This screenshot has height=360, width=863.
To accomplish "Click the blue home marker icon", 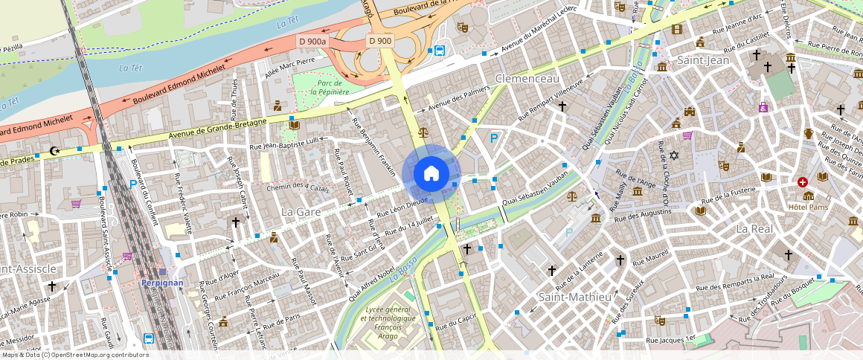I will click(x=431, y=174).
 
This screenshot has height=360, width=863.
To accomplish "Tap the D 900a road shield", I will click(x=312, y=41).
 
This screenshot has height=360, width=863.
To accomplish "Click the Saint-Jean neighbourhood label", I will click(x=703, y=60).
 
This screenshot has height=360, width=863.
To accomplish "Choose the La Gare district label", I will click(x=301, y=212).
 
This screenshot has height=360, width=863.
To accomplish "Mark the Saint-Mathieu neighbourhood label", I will click(x=574, y=297).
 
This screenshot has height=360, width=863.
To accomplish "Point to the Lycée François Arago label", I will click(x=387, y=318).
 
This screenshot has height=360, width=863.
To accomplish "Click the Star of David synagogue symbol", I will click(x=674, y=156).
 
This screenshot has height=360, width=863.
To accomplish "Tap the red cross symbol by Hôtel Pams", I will click(x=803, y=182).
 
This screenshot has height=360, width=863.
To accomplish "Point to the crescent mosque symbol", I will click(x=53, y=151).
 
